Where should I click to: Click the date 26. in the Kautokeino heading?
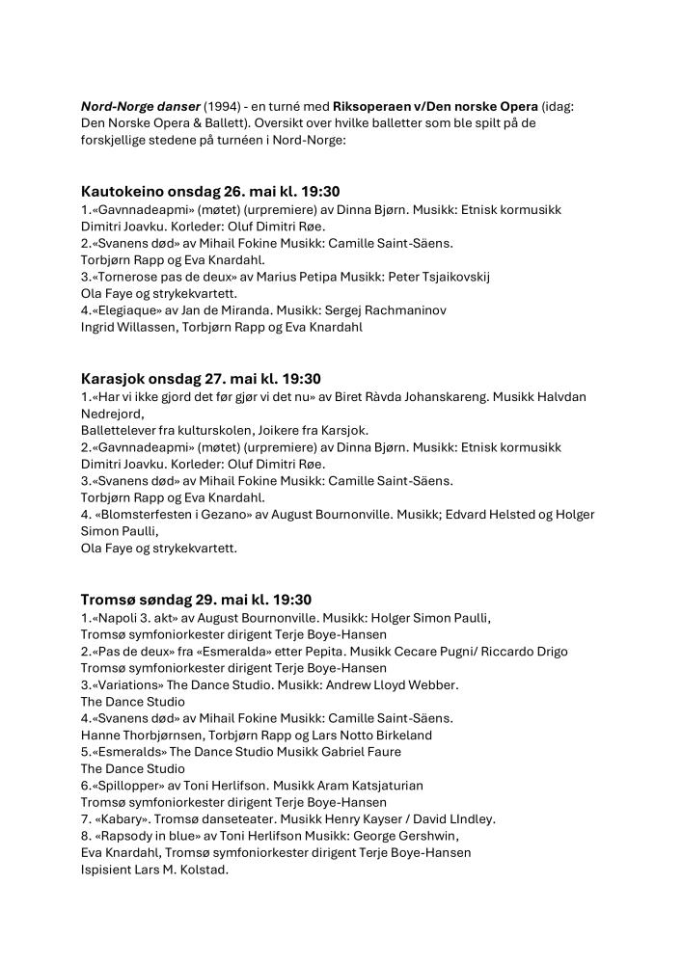point(222,192)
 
